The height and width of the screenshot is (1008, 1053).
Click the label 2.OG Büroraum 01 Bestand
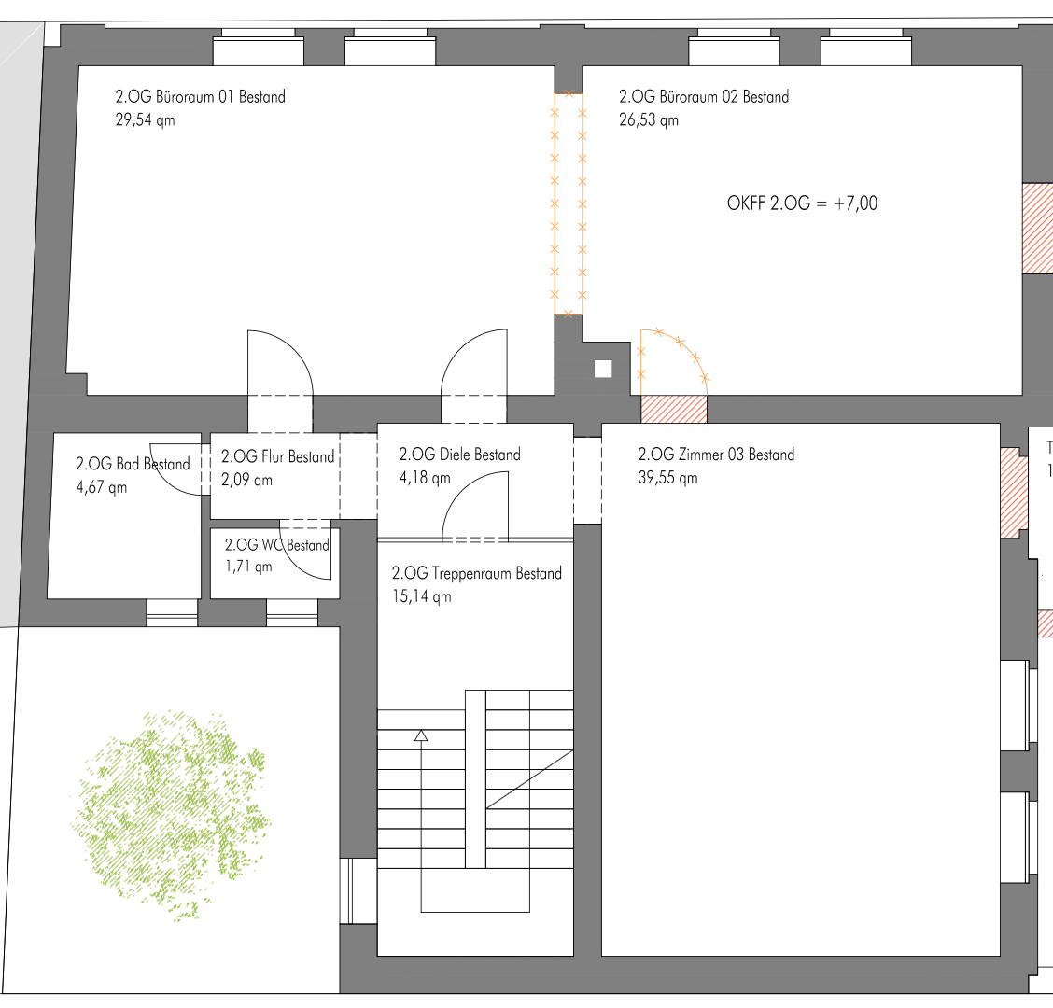(200, 97)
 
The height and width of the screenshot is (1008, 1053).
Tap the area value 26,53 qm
(649, 120)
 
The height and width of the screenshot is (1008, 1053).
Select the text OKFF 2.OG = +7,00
(802, 203)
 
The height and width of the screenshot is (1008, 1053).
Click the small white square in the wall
(603, 369)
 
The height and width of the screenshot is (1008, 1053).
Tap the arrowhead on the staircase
(421, 735)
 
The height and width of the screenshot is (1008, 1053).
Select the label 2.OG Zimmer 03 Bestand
(716, 455)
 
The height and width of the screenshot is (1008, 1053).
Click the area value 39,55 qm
(667, 478)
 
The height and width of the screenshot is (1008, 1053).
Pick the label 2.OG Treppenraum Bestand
(477, 573)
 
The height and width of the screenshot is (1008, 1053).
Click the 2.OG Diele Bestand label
(460, 455)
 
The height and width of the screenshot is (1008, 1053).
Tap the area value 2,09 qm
(246, 480)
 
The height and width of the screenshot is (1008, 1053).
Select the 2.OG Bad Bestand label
(133, 464)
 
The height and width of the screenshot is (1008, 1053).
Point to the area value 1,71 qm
(248, 567)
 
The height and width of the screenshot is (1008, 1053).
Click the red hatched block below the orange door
(674, 409)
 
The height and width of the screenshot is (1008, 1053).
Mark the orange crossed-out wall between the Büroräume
(569, 204)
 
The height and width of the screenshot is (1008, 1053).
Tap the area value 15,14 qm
(422, 597)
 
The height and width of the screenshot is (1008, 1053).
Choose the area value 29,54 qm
(145, 120)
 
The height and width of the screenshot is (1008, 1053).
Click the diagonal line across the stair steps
(530, 779)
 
